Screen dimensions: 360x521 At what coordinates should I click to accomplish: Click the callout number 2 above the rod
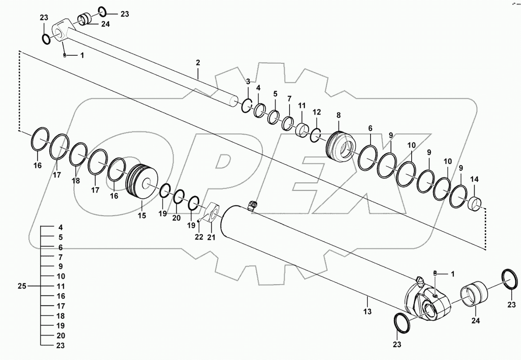tap(198, 62)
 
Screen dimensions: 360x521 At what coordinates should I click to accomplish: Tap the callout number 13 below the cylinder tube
tap(368, 312)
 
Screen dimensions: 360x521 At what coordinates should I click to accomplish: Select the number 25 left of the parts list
tap(22, 286)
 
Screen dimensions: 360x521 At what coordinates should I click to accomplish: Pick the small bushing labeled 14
tap(475, 204)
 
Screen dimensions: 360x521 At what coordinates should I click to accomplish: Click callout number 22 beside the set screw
tap(199, 237)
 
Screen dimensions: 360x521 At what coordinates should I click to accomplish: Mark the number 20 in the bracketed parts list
tap(61, 336)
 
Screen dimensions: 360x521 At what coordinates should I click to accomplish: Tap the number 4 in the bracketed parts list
tap(61, 227)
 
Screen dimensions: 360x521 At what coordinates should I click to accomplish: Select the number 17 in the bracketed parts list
tap(61, 306)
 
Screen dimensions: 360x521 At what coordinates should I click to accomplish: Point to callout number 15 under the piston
tap(141, 216)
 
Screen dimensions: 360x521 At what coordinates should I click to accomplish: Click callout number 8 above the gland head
tap(339, 115)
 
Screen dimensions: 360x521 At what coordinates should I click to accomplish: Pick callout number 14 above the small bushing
tap(474, 179)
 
